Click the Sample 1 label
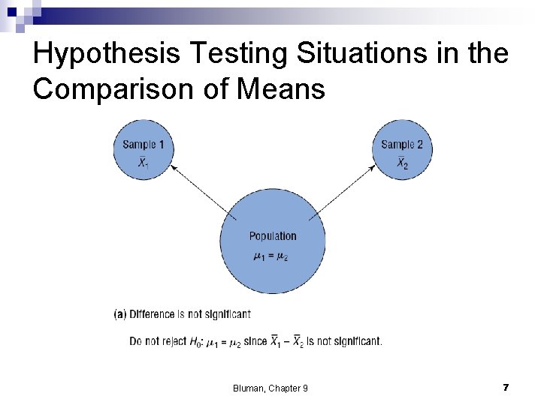coord(144,144)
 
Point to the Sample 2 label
coord(402,144)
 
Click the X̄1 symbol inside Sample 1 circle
coord(143,162)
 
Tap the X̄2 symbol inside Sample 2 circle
coord(402,163)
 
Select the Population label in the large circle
coord(273,236)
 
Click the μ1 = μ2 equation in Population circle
coord(271,256)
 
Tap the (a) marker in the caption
coord(120,314)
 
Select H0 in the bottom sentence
coord(198,342)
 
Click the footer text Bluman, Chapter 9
coord(270,388)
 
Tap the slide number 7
coord(506,387)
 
